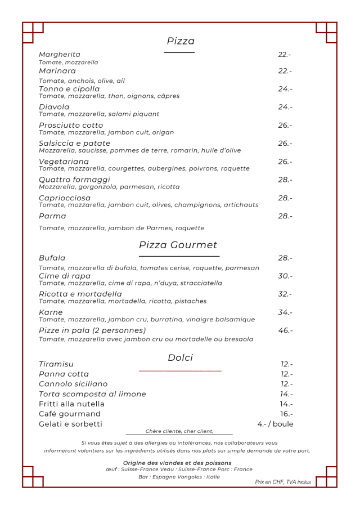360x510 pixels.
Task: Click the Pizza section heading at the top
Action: click(x=181, y=41)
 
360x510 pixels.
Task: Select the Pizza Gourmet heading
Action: click(x=178, y=245)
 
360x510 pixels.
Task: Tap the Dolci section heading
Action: click(x=180, y=358)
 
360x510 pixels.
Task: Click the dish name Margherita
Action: click(x=60, y=55)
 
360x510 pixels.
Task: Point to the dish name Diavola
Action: click(x=54, y=107)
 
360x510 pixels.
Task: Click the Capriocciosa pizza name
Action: click(x=65, y=198)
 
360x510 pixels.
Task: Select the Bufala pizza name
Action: click(x=52, y=258)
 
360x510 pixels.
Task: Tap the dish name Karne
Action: click(x=51, y=312)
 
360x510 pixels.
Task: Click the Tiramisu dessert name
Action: click(x=56, y=364)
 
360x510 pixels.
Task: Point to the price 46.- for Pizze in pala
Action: click(x=285, y=330)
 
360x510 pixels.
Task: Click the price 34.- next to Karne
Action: click(x=285, y=312)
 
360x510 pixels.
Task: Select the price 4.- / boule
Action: click(x=275, y=424)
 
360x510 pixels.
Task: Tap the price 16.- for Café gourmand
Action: click(x=286, y=414)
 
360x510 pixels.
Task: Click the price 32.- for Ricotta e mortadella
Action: click(x=285, y=294)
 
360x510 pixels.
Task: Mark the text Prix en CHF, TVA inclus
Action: click(x=283, y=482)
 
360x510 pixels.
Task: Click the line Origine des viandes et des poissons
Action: click(x=177, y=463)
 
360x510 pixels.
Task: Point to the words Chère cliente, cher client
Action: click(x=179, y=431)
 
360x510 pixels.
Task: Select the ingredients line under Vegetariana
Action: click(x=144, y=168)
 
